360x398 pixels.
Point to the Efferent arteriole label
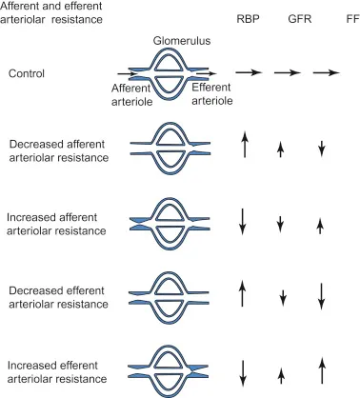pyautogui.click(x=211, y=92)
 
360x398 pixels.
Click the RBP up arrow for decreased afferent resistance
pyautogui.click(x=245, y=146)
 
